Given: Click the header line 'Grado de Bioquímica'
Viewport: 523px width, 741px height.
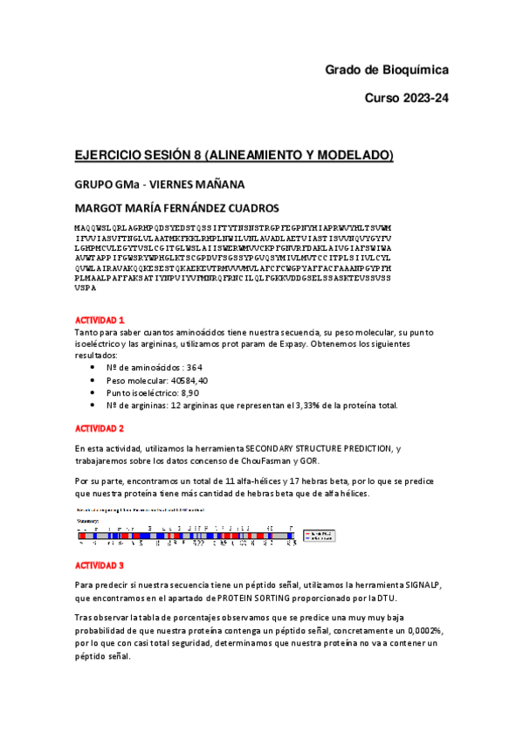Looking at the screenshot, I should coord(386,69).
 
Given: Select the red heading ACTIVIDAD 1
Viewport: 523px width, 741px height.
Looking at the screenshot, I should coord(100,321).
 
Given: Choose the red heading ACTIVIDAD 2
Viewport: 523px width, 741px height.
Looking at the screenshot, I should coord(100,428).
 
